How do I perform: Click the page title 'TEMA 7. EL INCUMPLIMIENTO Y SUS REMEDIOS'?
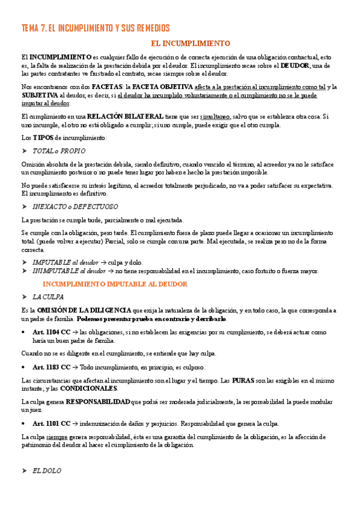coord(96,28)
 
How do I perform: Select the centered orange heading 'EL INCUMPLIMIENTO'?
coord(191,44)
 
